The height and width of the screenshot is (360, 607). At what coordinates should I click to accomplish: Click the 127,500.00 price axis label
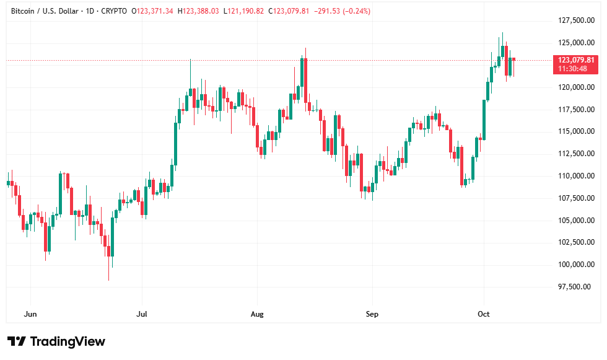(x=573, y=20)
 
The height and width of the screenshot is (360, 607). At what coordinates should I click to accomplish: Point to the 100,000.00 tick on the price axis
(x=573, y=265)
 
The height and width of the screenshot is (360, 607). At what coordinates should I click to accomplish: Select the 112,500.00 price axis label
(x=573, y=154)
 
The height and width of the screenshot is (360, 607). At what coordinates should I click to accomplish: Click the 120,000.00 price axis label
(x=573, y=87)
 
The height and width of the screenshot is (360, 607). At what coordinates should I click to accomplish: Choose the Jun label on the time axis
(x=30, y=314)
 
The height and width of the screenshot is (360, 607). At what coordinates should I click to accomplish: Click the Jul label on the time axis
(x=142, y=314)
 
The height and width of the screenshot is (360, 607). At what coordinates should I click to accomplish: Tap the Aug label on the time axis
(x=257, y=314)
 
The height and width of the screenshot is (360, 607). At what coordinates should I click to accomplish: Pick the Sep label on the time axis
(x=371, y=314)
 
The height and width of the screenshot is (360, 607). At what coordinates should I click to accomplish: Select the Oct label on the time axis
(x=484, y=314)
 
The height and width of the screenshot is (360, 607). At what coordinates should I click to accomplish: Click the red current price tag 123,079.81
(x=576, y=60)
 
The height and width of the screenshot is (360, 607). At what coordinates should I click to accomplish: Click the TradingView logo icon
(x=16, y=341)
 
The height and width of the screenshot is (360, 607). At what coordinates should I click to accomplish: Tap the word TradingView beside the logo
(x=68, y=341)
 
